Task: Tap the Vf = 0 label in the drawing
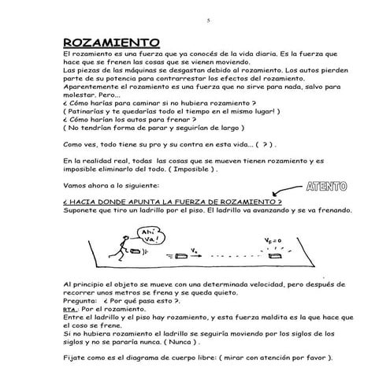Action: pyautogui.click(x=273, y=240)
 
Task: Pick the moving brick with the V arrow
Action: pyautogui.click(x=175, y=254)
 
